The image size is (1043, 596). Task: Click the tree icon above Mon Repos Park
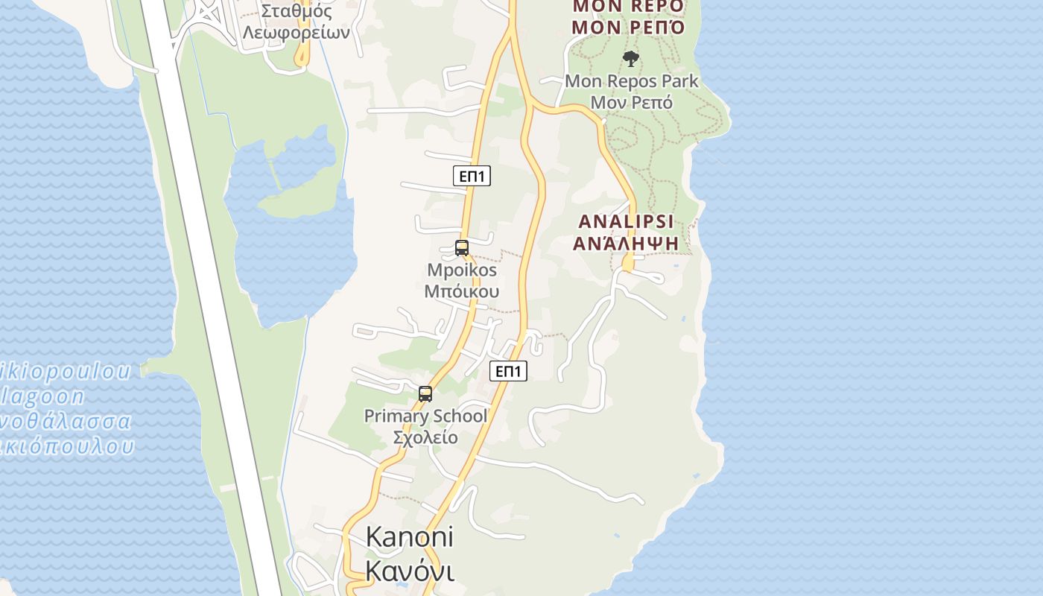coord(631,58)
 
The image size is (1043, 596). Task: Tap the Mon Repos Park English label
coord(632,80)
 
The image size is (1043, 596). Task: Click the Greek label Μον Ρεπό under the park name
coord(632,102)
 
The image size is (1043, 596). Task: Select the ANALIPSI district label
coord(626,221)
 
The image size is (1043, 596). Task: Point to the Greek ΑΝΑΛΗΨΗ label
coord(626,243)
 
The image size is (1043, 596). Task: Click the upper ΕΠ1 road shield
coord(472,176)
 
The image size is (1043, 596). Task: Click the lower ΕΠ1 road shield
coord(508,371)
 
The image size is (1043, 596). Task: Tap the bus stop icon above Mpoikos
coord(462,248)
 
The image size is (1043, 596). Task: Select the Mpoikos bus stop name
coord(462,270)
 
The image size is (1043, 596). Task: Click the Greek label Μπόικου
coord(462,291)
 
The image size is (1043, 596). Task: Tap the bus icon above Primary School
coord(425,394)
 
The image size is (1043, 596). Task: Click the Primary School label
coord(425,416)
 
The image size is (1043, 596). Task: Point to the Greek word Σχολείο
coord(425,437)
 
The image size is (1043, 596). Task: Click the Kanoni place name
coord(410,536)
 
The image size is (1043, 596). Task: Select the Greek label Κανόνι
coord(410,571)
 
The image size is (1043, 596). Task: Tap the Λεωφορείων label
coord(297,33)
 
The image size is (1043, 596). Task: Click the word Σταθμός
coord(297,11)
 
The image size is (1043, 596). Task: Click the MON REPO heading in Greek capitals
coord(628,28)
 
